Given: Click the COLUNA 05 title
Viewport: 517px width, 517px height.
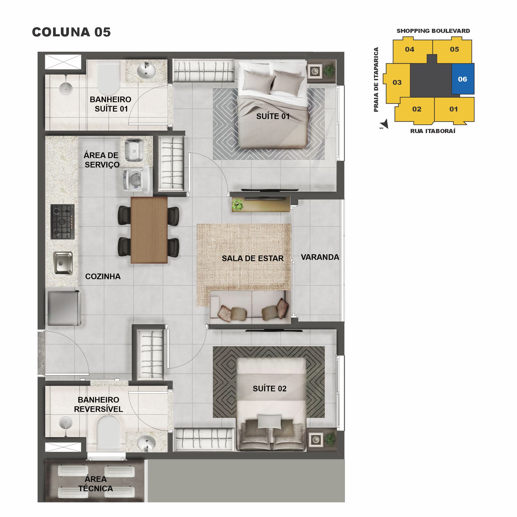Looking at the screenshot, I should pyautogui.click(x=71, y=32).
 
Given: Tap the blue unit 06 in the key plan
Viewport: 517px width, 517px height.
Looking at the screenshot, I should pyautogui.click(x=463, y=79).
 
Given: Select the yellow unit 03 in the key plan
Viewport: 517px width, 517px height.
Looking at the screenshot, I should pyautogui.click(x=397, y=82).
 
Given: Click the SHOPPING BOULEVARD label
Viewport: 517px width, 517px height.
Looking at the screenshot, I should pyautogui.click(x=433, y=31).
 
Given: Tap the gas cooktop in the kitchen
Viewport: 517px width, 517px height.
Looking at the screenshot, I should pyautogui.click(x=62, y=222).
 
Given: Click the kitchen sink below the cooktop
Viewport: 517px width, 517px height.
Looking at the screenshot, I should pyautogui.click(x=63, y=263).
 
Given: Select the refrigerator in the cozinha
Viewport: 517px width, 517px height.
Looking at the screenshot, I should pyautogui.click(x=64, y=308).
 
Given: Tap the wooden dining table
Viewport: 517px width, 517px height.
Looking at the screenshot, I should pyautogui.click(x=149, y=230).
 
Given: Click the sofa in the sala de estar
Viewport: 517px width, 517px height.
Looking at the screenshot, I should pyautogui.click(x=250, y=308).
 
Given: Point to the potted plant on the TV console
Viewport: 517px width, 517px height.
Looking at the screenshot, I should pyautogui.click(x=237, y=204).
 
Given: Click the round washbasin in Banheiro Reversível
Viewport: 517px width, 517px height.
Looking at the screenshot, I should pyautogui.click(x=146, y=443).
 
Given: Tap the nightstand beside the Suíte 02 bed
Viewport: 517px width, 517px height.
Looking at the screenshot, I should pyautogui.click(x=315, y=440).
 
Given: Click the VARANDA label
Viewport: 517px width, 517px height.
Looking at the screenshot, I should pyautogui.click(x=320, y=257).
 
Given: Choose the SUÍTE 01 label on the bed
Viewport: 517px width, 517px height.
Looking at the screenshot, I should pyautogui.click(x=273, y=116).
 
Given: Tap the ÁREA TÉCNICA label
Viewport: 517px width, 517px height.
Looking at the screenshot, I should pyautogui.click(x=96, y=484).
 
